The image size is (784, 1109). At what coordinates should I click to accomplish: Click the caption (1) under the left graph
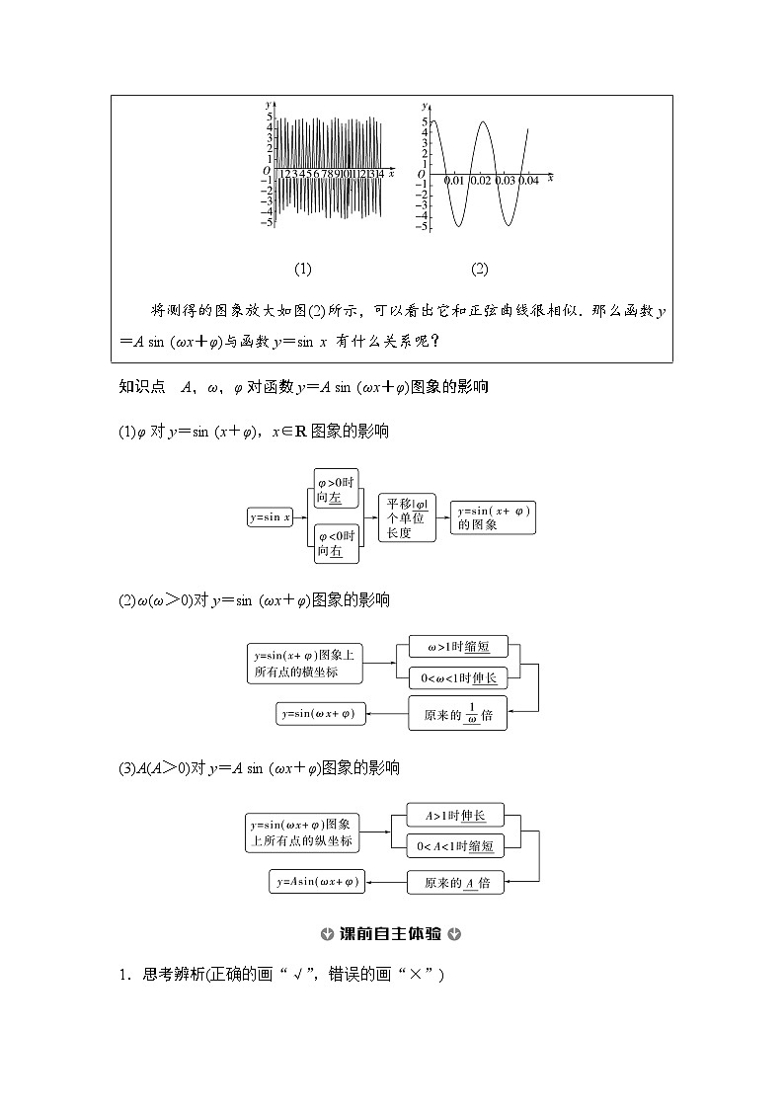pos(303,269)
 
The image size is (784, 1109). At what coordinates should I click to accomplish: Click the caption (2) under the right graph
pos(479,269)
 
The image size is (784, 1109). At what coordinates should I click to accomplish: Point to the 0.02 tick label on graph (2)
pos(481,181)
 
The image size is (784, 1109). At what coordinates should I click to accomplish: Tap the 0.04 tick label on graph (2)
pos(529,181)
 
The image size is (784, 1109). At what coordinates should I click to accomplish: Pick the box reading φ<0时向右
pos(336,543)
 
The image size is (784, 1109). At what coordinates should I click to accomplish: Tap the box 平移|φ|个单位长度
pos(406,517)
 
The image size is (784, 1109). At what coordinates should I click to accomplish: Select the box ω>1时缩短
pos(457,647)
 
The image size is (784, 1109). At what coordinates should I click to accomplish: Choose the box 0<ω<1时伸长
pos(457,677)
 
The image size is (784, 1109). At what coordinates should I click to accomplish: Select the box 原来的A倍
pos(455,882)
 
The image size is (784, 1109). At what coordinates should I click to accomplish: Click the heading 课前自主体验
pos(391,934)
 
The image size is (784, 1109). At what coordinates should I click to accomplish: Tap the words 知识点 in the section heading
pos(141,388)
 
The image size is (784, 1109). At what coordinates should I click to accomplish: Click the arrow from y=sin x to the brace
pos(301,516)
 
